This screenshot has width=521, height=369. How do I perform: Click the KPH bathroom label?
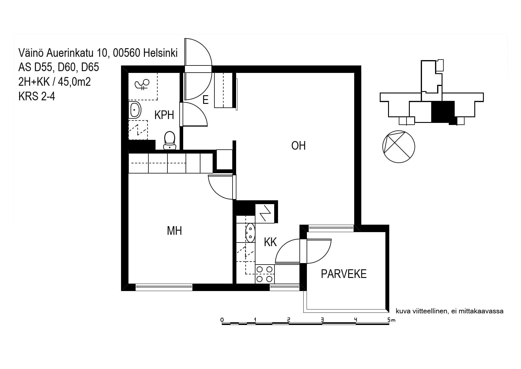(164, 115)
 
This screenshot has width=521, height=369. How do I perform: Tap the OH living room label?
(298, 146)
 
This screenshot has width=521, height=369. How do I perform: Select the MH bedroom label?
(174, 231)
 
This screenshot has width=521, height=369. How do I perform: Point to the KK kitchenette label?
(270, 242)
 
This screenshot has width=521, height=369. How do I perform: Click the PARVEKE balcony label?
(343, 274)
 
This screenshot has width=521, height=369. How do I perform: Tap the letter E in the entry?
(205, 100)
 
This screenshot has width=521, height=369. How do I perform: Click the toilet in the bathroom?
(170, 140)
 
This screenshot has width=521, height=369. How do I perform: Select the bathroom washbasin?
(135, 110)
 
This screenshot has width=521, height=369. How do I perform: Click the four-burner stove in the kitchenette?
(265, 274)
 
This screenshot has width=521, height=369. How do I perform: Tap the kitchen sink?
(250, 233)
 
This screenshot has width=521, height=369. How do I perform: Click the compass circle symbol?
(398, 147)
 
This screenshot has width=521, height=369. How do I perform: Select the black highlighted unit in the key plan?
(443, 112)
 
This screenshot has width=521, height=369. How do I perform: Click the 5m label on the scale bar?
(391, 320)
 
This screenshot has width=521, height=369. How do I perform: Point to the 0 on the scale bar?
(222, 320)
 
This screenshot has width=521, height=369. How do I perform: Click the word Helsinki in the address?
(160, 53)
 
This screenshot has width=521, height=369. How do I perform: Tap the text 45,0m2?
(74, 82)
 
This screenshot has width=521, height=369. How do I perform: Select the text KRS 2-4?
(37, 96)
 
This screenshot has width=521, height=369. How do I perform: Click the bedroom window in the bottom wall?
(164, 287)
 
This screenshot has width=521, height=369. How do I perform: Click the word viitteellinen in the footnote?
(429, 311)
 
